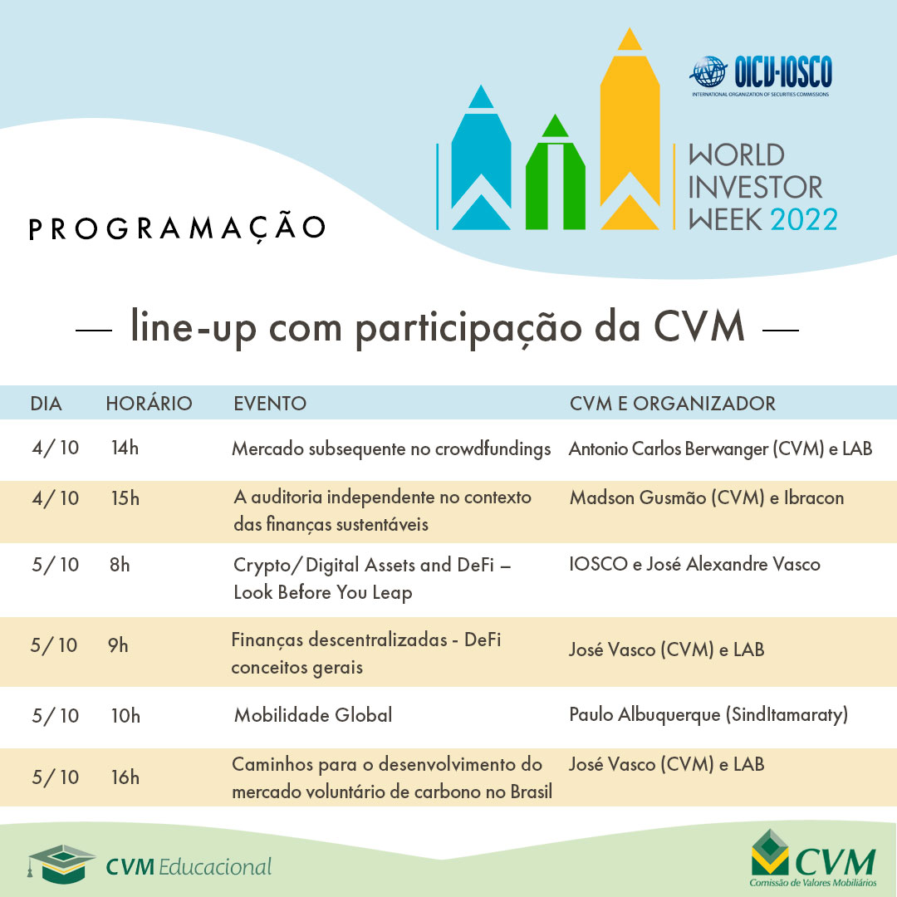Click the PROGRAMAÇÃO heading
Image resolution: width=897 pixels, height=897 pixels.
tap(177, 228)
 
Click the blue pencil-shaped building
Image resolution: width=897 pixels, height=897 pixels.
tap(481, 162)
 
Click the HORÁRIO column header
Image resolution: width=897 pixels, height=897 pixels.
tap(149, 404)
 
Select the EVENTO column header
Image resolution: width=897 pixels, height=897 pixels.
tap(270, 404)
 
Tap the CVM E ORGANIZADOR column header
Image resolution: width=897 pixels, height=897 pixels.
tap(673, 404)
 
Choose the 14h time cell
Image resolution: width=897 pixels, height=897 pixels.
tap(125, 448)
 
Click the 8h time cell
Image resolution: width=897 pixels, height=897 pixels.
tap(120, 565)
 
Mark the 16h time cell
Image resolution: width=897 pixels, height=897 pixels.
tap(125, 777)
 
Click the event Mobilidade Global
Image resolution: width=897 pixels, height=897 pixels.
tap(313, 715)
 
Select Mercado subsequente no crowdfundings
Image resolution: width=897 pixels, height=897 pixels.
tap(391, 449)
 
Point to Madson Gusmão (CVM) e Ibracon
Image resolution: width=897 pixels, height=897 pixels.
tap(707, 498)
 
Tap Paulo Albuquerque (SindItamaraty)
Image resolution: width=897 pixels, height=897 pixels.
tap(708, 715)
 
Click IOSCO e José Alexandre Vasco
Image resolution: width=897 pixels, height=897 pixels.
tap(694, 565)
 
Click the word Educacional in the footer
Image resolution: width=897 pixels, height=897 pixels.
tap(214, 867)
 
